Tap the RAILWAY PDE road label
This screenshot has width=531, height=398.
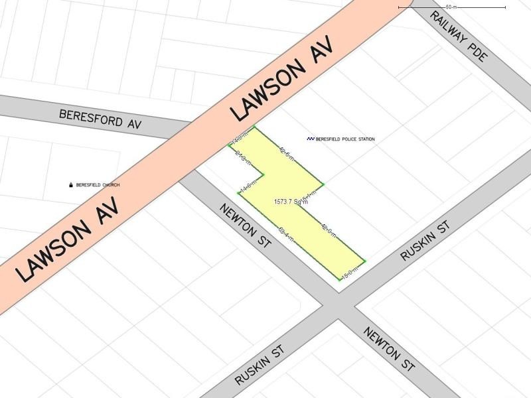click(459, 36)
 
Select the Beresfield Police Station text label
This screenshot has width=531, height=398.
click(344, 139)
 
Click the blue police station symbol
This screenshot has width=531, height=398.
click(310, 139)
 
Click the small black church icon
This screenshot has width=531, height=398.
click(70, 185)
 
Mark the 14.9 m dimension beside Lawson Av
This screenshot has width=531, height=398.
click(239, 137)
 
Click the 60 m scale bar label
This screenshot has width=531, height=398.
click(451, 7)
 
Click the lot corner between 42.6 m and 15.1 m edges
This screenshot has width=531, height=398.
click(323, 184)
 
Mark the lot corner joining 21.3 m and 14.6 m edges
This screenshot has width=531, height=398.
click(265, 175)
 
